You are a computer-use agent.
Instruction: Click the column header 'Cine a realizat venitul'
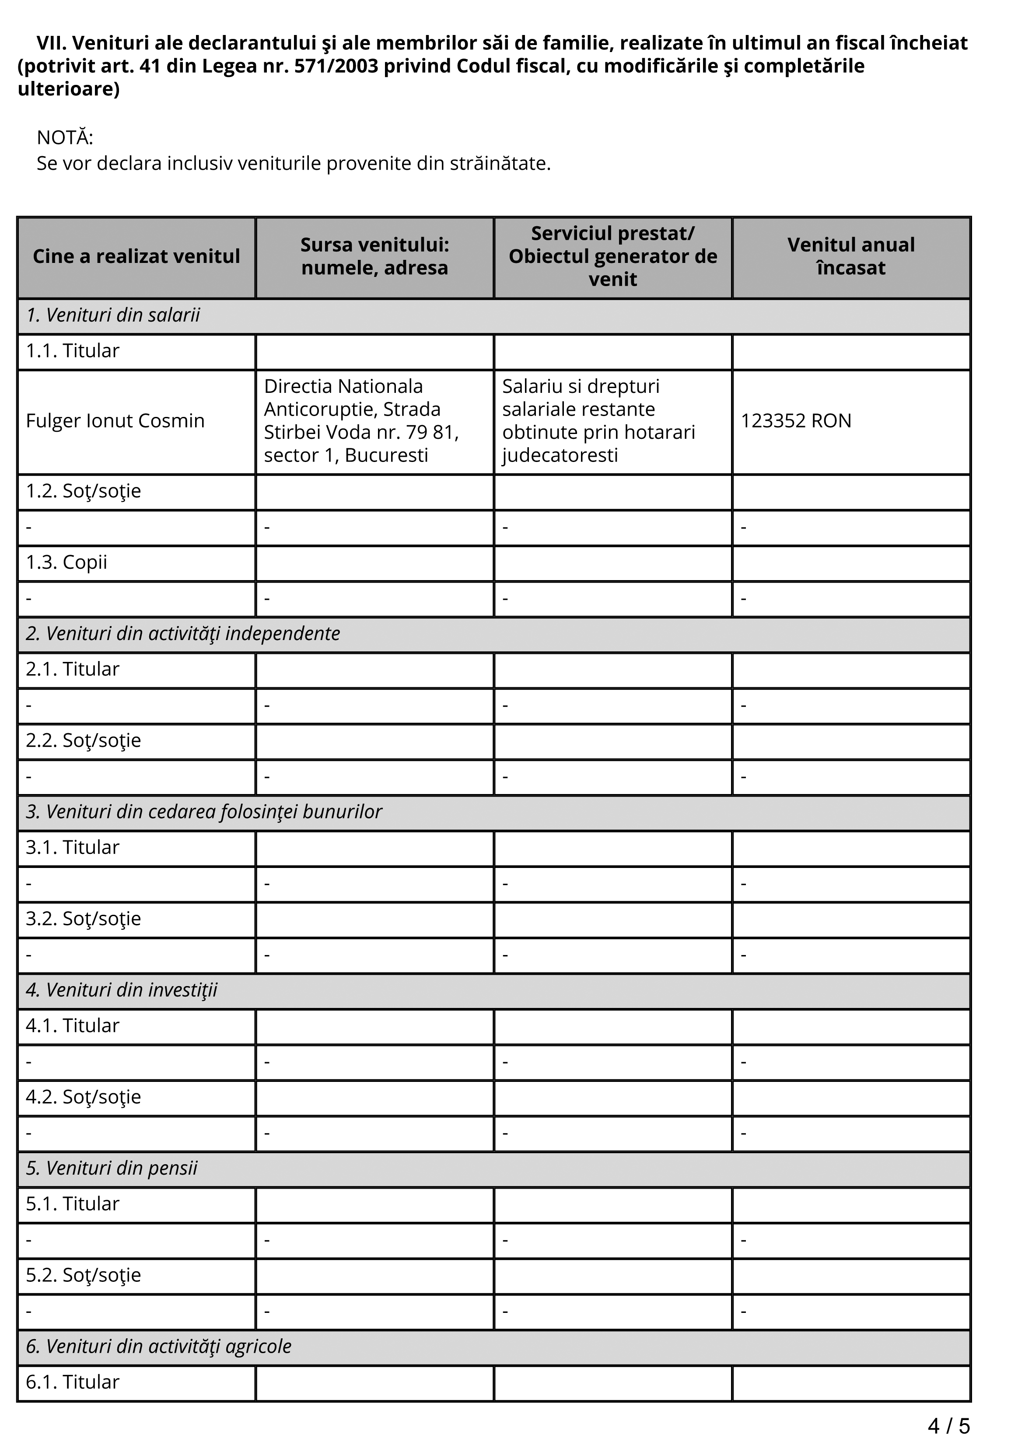click(x=136, y=257)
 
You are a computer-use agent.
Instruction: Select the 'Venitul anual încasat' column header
click(x=850, y=257)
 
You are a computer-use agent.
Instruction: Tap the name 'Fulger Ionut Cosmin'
click(x=115, y=421)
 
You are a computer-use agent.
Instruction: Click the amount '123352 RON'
click(x=796, y=421)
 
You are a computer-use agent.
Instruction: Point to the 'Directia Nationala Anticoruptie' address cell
click(x=361, y=421)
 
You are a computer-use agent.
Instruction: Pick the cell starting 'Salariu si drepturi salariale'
click(x=598, y=421)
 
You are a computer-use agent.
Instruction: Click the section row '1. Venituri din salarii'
click(x=113, y=315)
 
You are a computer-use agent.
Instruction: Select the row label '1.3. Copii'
click(x=67, y=563)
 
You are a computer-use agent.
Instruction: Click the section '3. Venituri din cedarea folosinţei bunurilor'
click(x=204, y=812)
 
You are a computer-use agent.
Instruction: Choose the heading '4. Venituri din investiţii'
click(x=122, y=990)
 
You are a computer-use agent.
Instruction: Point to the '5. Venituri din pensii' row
click(x=112, y=1168)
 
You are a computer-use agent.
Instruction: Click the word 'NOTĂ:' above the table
click(x=65, y=137)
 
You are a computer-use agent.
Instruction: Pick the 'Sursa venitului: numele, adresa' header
click(x=374, y=257)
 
